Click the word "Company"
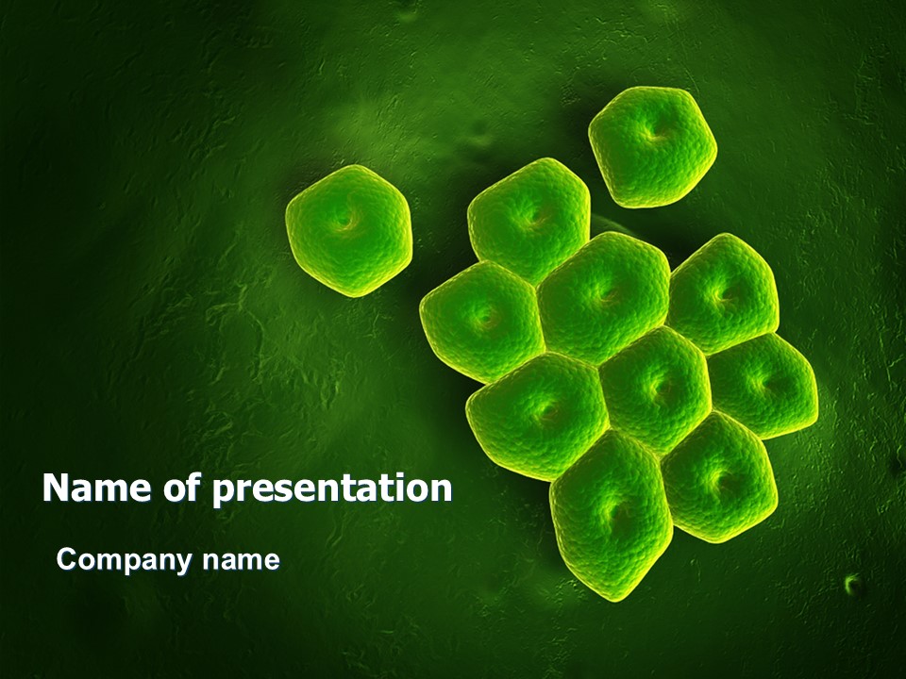(x=124, y=561)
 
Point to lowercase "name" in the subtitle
(x=241, y=560)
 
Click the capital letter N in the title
(x=57, y=488)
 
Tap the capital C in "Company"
(x=66, y=559)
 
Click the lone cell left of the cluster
(x=349, y=230)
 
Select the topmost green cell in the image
(x=653, y=147)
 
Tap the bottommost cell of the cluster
(x=611, y=516)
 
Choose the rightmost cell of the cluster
(x=763, y=385)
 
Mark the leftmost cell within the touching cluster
(x=482, y=321)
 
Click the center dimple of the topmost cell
(x=655, y=135)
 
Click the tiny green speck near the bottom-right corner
(x=851, y=584)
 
